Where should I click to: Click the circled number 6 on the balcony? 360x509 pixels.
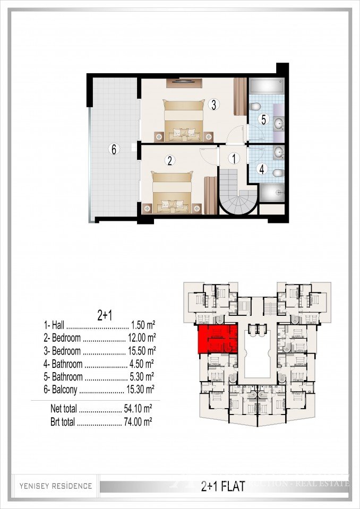[113, 149]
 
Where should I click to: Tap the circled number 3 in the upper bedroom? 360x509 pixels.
[213, 105]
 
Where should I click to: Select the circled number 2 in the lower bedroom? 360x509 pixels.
[170, 160]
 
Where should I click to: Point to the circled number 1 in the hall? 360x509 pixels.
[234, 158]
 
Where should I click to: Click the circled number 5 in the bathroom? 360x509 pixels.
[263, 119]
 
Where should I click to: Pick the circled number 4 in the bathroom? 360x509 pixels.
[261, 169]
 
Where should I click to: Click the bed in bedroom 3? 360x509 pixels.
[184, 121]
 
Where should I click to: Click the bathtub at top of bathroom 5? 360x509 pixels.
[267, 86]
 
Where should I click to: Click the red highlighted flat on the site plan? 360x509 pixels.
[218, 339]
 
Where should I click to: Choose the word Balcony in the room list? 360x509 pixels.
[63, 390]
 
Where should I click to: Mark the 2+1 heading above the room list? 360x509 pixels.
[105, 315]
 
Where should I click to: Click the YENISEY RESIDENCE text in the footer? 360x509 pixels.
[56, 486]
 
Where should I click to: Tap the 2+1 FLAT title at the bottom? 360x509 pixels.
[223, 486]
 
